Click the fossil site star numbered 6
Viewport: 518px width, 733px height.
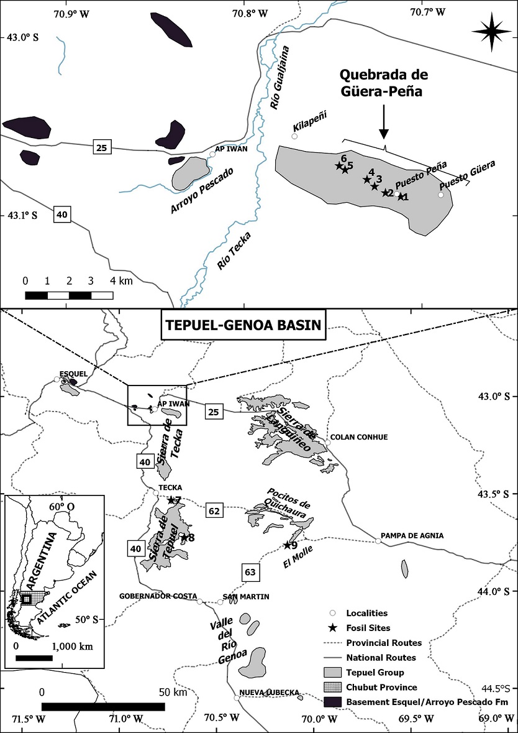pyautogui.click(x=339, y=165)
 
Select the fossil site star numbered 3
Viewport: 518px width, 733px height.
pyautogui.click(x=375, y=187)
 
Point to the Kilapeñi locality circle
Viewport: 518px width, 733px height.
pyautogui.click(x=294, y=136)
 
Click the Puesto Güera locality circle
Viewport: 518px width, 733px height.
pyautogui.click(x=441, y=195)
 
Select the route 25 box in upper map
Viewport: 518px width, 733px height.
pyautogui.click(x=101, y=147)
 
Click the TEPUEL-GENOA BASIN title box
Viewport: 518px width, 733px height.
pyautogui.click(x=242, y=325)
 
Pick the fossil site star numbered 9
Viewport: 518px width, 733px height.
pyautogui.click(x=286, y=545)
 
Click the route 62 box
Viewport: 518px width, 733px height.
pyautogui.click(x=214, y=511)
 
